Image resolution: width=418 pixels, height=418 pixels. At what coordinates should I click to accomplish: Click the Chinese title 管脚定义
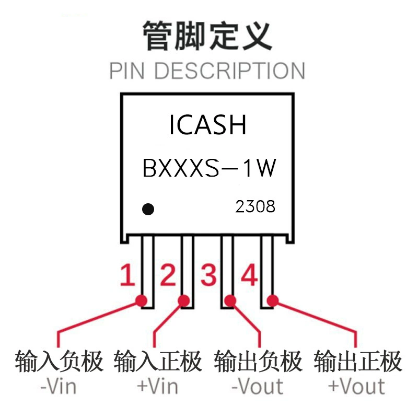pos(207,36)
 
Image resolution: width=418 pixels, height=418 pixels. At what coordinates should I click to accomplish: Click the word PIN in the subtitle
pos(127,71)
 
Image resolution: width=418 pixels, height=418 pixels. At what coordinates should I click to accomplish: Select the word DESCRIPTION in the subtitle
pos(230,71)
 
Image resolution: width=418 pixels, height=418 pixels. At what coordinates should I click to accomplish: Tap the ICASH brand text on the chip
pos(207,125)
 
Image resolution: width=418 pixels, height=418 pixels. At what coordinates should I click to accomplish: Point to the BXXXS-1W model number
pos(210,168)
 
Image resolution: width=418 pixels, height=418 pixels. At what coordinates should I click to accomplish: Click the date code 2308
pos(255,206)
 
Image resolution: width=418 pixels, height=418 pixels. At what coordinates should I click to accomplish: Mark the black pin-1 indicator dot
pos(148,210)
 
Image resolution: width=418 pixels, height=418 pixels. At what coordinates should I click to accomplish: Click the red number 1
pos(127,275)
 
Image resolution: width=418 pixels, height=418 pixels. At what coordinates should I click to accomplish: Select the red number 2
pos(168,275)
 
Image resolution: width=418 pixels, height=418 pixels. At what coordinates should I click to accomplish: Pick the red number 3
pos(208,275)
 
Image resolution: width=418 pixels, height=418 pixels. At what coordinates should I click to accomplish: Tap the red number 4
pos(249,275)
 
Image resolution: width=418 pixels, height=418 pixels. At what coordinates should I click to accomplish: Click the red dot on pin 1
pos(141,301)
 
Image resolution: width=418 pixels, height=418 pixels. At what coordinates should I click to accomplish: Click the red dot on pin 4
pos(273,301)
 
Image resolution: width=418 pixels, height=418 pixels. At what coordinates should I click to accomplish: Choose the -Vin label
pos(59,387)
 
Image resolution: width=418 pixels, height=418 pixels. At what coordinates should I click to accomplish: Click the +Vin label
pos(158,387)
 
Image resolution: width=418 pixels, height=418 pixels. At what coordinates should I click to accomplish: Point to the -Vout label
pos(257,387)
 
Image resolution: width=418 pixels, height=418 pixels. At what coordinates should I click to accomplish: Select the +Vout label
pos(357,387)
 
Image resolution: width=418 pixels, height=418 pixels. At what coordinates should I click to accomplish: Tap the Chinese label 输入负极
pos(59,362)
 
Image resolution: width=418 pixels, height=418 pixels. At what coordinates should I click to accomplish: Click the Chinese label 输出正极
pos(358,362)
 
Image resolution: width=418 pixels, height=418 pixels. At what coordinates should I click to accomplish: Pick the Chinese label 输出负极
pos(258,362)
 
